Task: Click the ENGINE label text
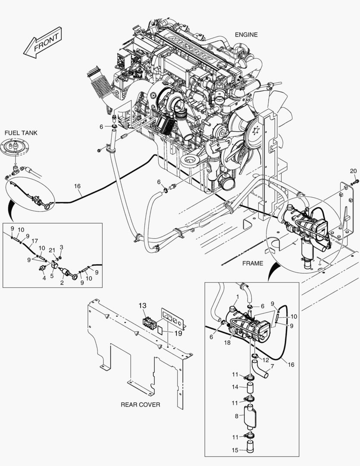tap(246, 35)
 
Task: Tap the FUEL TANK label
tap(21, 133)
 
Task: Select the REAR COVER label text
tap(140, 405)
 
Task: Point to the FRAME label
tap(253, 264)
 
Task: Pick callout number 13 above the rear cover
tap(143, 305)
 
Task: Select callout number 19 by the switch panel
tap(166, 333)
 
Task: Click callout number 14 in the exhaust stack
tap(235, 387)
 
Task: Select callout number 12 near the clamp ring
tap(266, 360)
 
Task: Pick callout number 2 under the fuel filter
tap(62, 283)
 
